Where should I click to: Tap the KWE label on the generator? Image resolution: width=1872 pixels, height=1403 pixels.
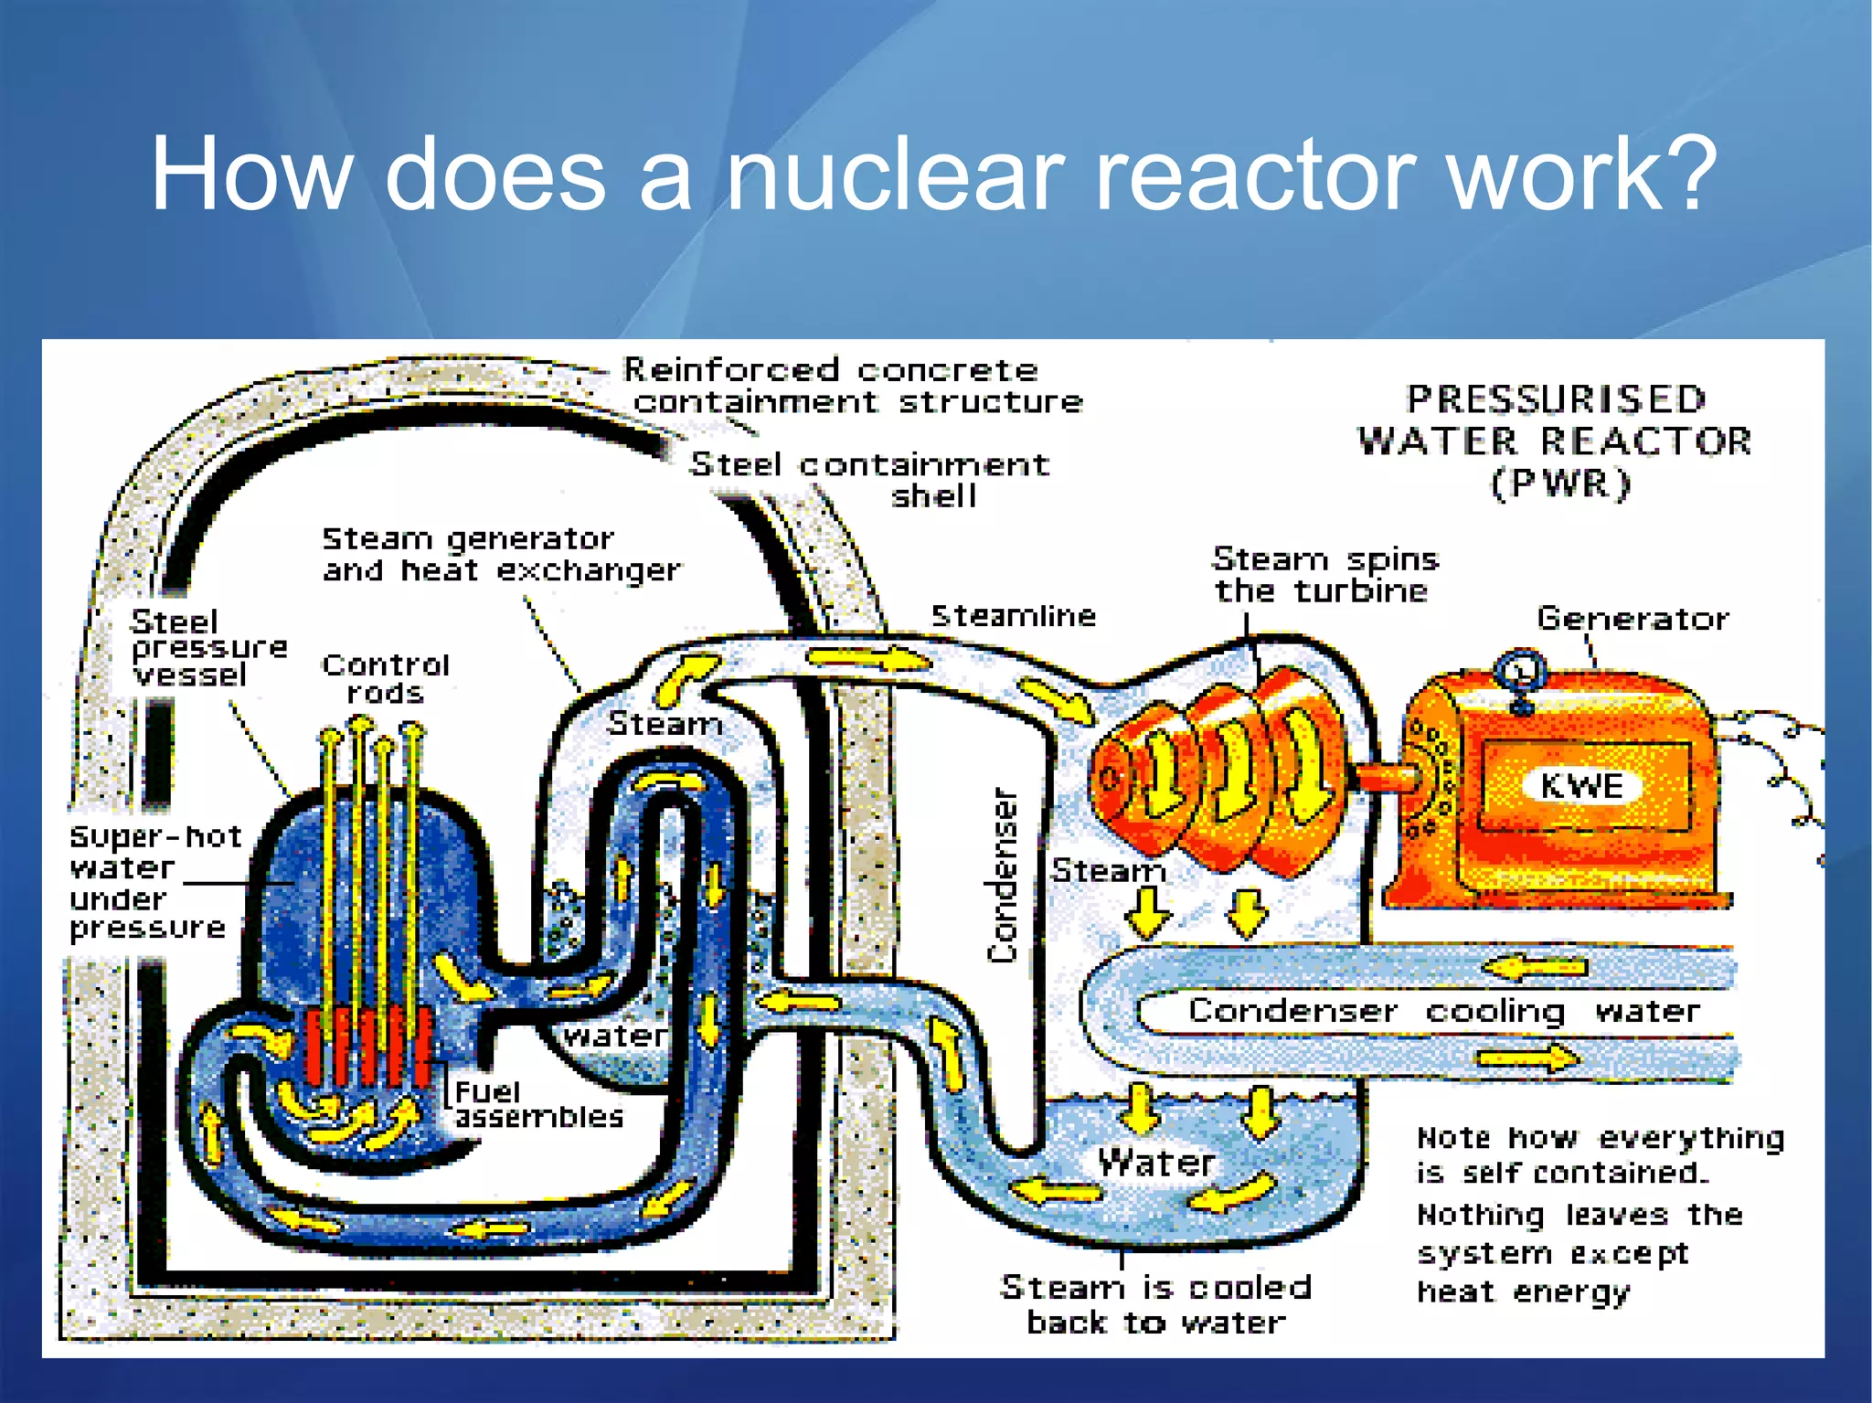(1581, 786)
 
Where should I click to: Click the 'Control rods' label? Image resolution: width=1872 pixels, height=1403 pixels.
(386, 678)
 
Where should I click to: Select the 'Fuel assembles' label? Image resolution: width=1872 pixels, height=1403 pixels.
(537, 1104)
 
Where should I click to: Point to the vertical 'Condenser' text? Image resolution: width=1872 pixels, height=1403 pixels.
(1003, 875)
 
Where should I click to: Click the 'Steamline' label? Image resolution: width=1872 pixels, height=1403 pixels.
(1013, 616)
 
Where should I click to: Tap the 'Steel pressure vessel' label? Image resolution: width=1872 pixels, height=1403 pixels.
(208, 648)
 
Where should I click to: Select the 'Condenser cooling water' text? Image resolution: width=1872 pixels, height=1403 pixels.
(1444, 1011)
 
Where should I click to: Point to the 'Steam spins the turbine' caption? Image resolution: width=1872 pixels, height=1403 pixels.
(1324, 574)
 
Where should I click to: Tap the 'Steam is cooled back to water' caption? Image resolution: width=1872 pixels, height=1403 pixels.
(1155, 1304)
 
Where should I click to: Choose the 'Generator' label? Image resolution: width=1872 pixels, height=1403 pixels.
(1633, 619)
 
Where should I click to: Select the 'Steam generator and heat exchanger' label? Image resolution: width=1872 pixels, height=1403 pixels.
(501, 555)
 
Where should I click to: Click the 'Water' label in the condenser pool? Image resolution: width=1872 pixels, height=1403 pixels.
(1155, 1163)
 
